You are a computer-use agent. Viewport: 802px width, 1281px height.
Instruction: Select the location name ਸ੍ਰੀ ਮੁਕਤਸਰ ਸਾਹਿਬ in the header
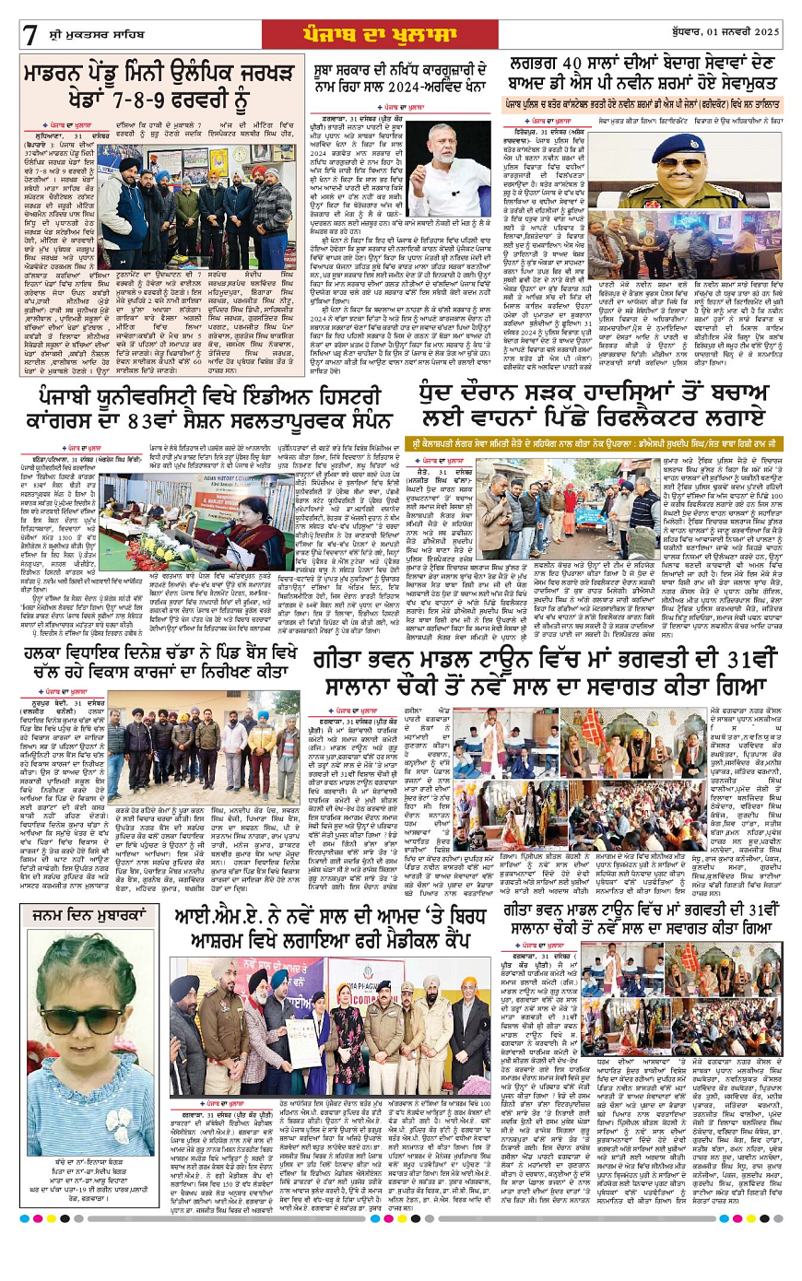[91, 35]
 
